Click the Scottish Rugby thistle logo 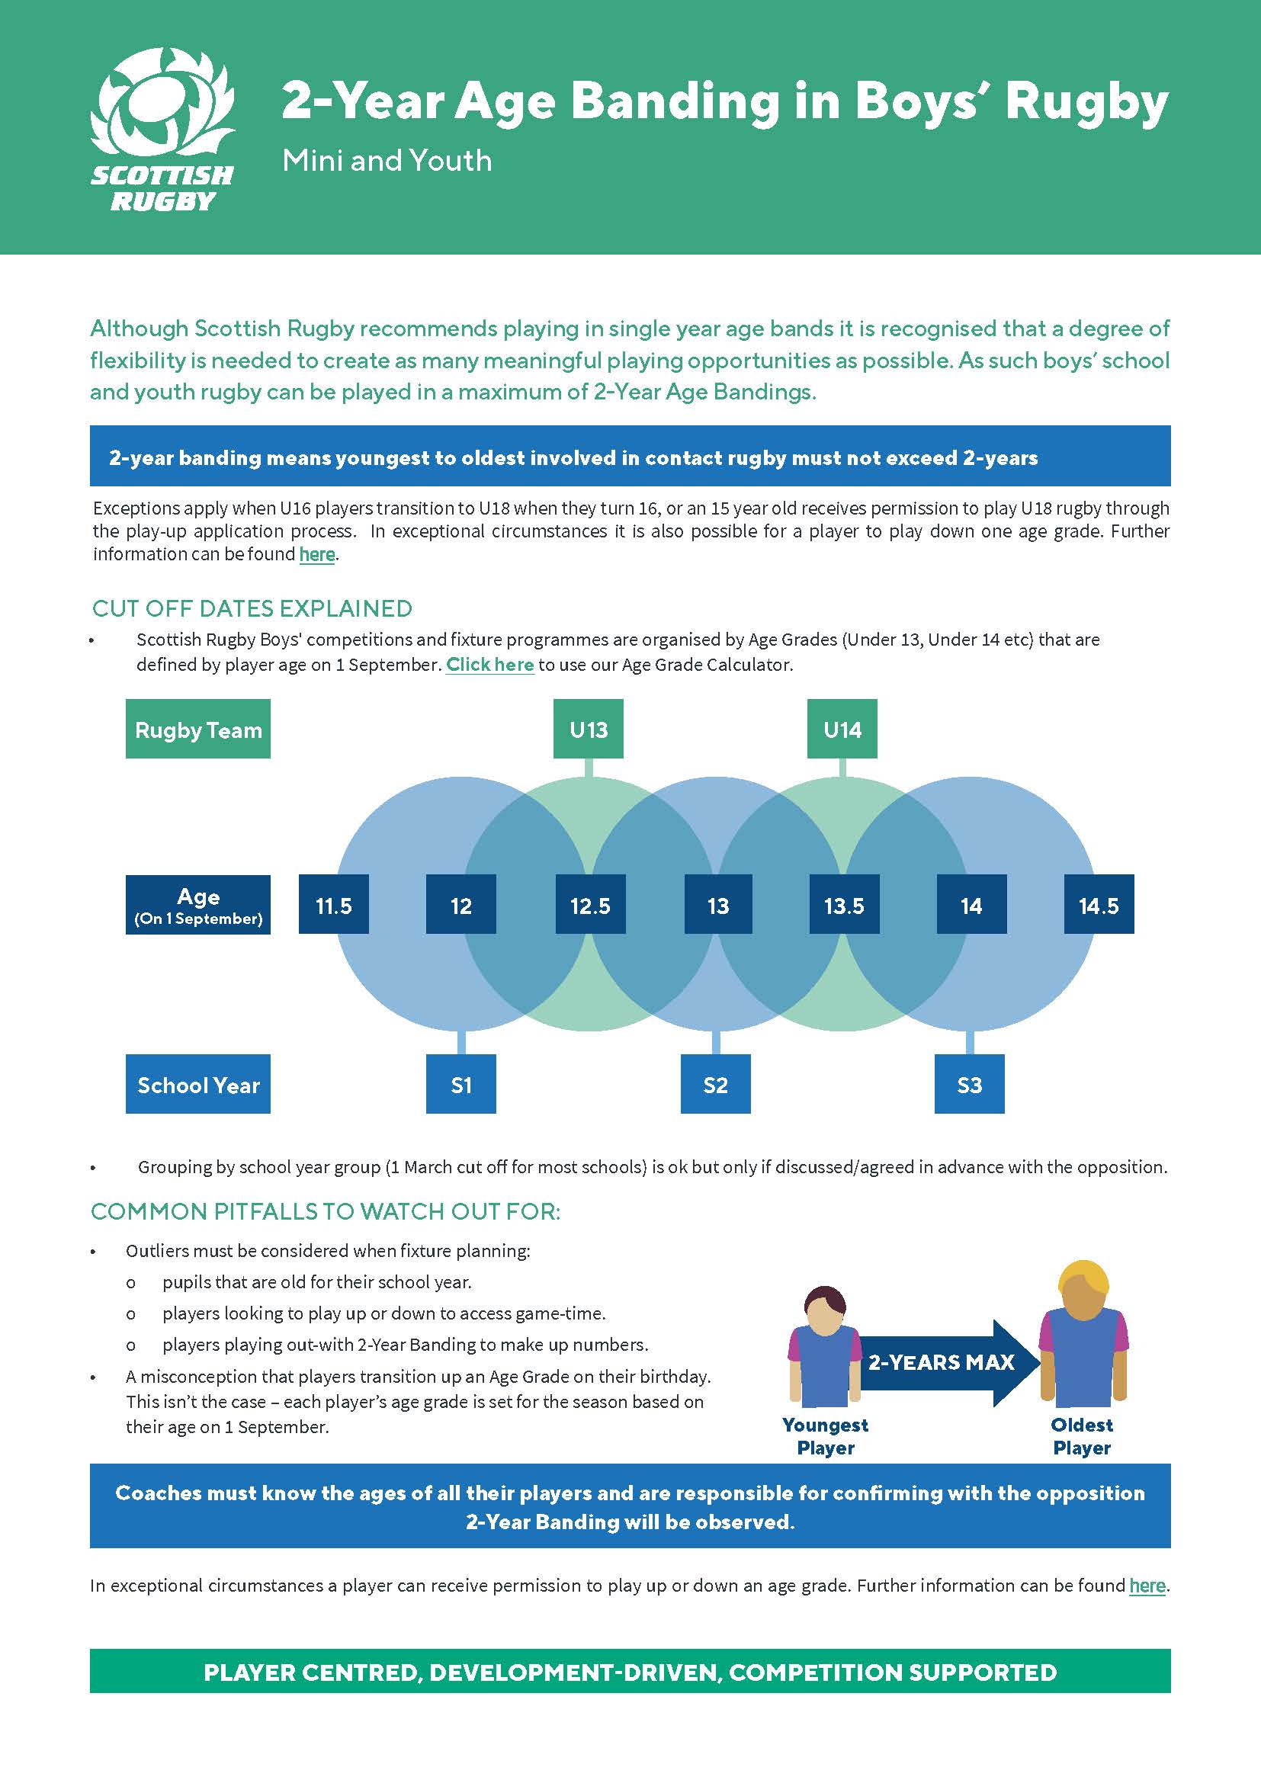pos(162,109)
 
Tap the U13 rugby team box pos(588,730)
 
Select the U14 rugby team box pos(842,730)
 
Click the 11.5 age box pos(334,905)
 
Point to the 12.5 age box pos(590,905)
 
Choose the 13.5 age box pos(844,905)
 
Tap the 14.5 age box pos(1098,905)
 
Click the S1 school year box pos(461,1084)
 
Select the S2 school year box pos(715,1084)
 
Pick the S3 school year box pos(969,1084)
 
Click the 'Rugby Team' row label pos(198,730)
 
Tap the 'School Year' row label pos(198,1084)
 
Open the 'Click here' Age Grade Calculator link pos(490,665)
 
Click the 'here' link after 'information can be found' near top pos(317,554)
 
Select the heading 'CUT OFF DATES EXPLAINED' pos(252,608)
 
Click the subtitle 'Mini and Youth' pos(387,161)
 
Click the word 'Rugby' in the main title pos(1086,101)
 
